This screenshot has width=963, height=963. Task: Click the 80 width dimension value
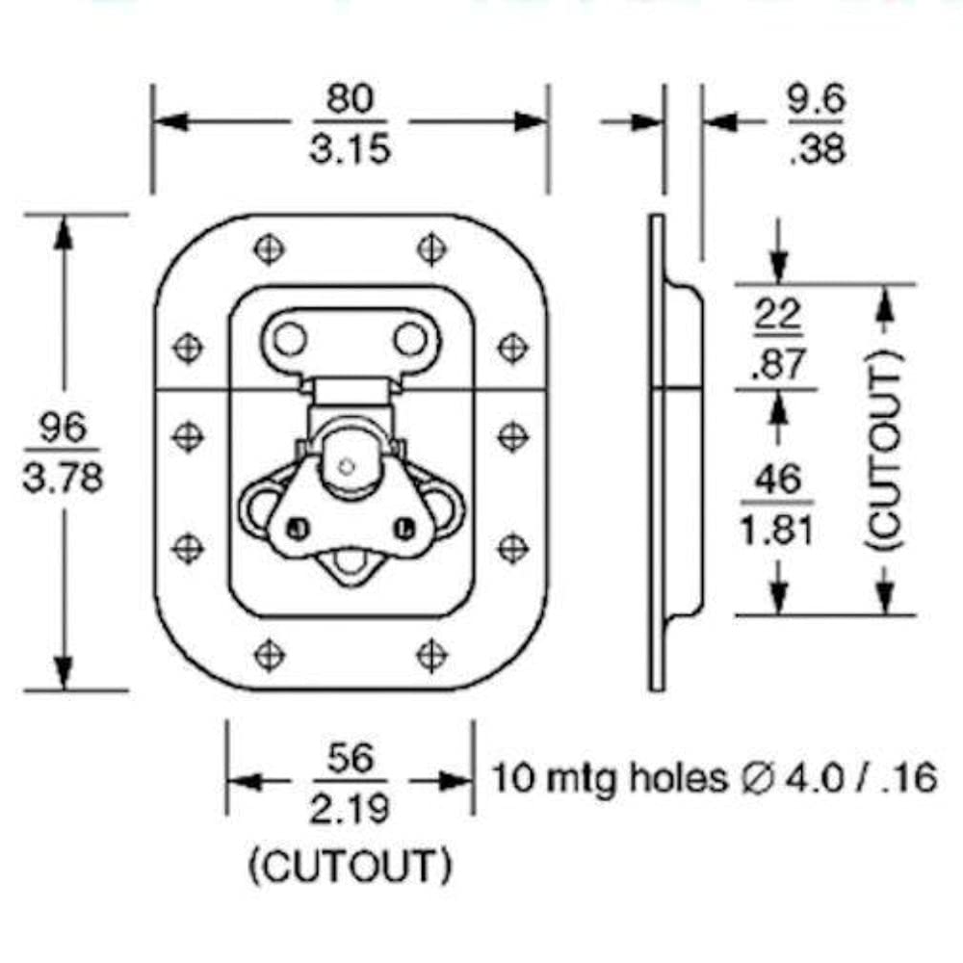coord(350,99)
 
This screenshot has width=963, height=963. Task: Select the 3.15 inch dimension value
coord(350,149)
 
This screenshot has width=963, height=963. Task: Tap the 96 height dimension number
coord(63,428)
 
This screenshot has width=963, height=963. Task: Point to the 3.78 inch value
coord(63,478)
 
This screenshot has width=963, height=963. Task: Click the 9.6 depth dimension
coord(816,100)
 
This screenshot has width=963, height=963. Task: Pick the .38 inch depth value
coord(817,150)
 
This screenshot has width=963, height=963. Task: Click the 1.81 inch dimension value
coord(777,530)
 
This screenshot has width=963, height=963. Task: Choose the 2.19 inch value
coord(350,809)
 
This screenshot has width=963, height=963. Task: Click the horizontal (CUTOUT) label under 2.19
coord(350,868)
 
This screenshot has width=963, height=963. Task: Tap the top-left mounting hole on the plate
coord(270,249)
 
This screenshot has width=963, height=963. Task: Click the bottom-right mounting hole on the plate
coord(431,655)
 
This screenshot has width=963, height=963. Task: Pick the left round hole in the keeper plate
coord(289,339)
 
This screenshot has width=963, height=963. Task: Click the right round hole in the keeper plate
coord(409,339)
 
